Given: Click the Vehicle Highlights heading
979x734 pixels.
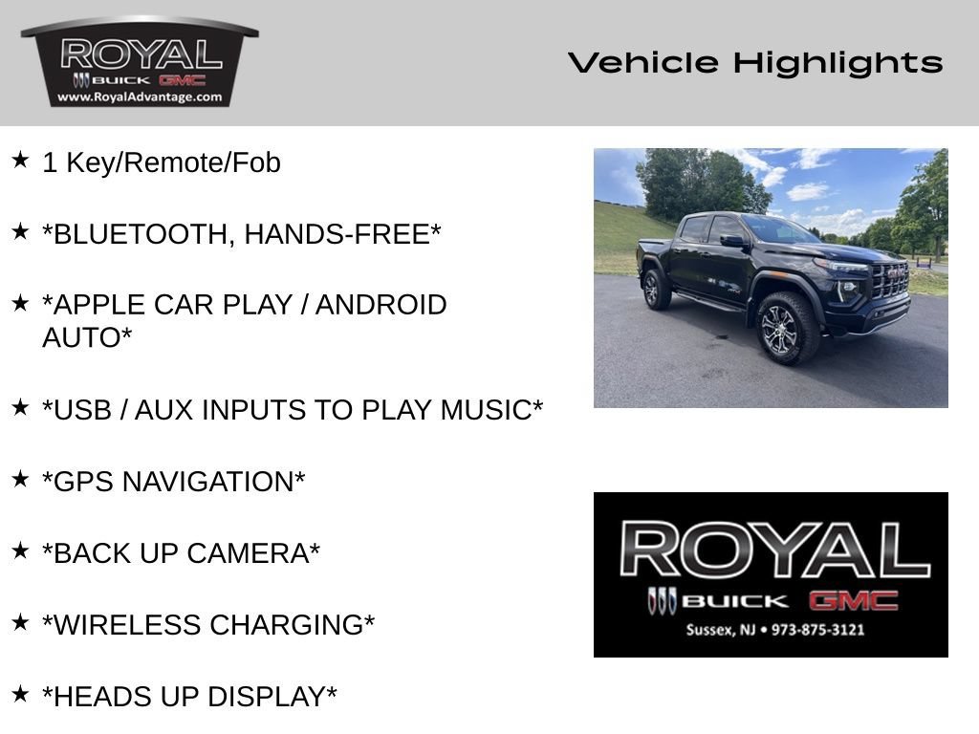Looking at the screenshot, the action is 755,63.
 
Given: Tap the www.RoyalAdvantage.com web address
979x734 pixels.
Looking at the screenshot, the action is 140,97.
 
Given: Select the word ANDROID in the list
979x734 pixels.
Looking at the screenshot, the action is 381,305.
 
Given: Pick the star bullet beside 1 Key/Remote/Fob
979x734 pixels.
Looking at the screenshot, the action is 21,160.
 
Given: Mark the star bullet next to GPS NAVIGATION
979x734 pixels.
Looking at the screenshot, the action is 21,479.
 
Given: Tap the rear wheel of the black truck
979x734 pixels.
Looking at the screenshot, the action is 656,290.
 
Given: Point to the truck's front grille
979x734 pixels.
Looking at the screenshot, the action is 890,282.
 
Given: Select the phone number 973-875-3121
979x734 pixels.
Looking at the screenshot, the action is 818,630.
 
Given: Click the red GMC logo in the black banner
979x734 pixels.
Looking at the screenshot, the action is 854,601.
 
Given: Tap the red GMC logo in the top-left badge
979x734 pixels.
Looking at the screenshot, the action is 183,80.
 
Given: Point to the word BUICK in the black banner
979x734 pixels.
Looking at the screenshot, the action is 735,602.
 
